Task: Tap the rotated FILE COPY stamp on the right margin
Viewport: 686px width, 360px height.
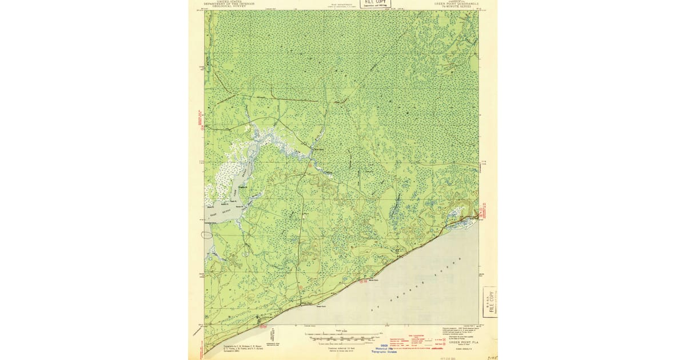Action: point(490,302)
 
